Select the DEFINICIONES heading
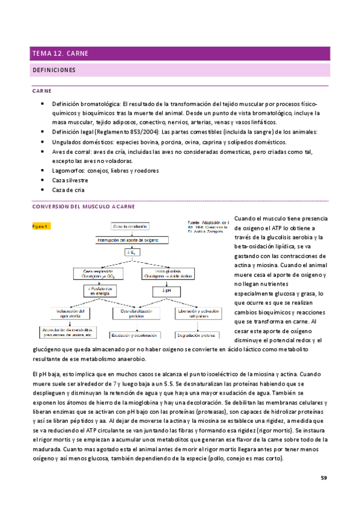point(53,70)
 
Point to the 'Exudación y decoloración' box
point(133,334)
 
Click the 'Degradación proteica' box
point(196,334)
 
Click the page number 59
point(323,478)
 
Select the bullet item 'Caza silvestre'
point(70,180)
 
